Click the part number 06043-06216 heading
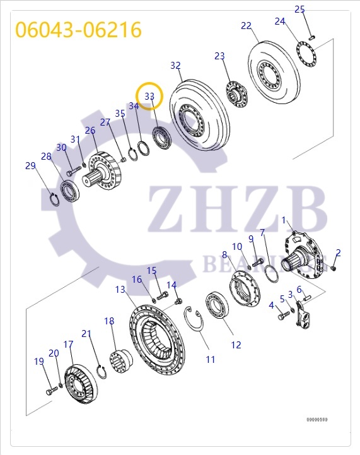click(x=78, y=30)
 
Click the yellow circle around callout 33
click(x=150, y=96)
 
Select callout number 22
click(x=246, y=26)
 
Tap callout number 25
click(x=299, y=9)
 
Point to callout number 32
click(x=175, y=66)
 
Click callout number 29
click(x=30, y=166)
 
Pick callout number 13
click(x=120, y=289)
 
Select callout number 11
click(x=210, y=359)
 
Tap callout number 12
click(x=236, y=345)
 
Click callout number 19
click(x=39, y=362)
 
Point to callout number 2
click(x=338, y=253)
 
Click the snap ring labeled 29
click(x=54, y=200)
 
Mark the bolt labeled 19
click(x=51, y=393)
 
